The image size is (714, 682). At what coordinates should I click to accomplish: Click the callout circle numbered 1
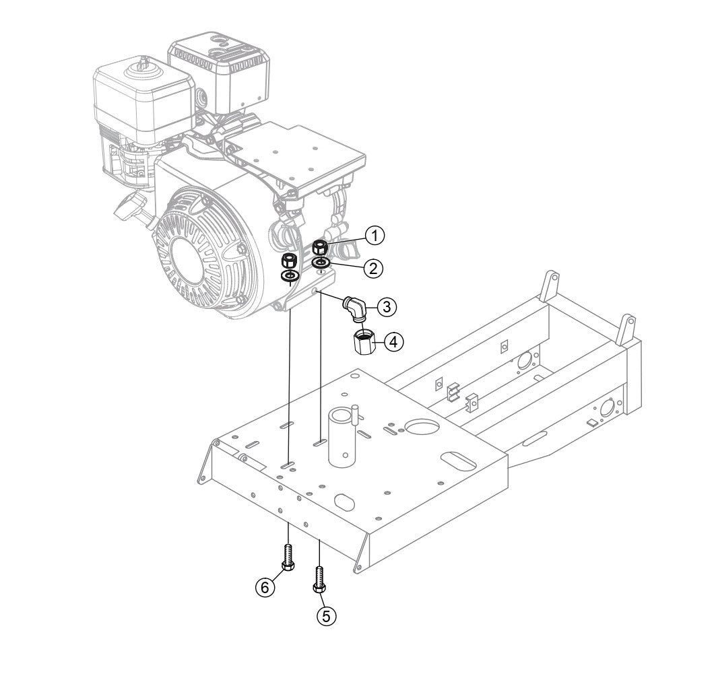point(375,235)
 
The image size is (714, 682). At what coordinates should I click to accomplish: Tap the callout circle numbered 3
point(386,307)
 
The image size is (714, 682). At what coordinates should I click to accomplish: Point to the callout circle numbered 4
point(394,342)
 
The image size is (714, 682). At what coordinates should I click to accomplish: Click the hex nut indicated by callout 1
point(321,246)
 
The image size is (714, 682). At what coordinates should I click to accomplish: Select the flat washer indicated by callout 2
point(321,262)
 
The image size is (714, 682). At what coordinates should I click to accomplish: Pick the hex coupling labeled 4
point(363,340)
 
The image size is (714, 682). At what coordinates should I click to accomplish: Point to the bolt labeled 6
point(288,556)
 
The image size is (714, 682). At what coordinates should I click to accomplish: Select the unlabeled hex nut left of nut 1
point(290,261)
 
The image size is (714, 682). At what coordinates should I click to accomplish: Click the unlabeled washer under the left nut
point(290,276)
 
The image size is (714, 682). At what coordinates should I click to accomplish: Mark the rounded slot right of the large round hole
point(460,459)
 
